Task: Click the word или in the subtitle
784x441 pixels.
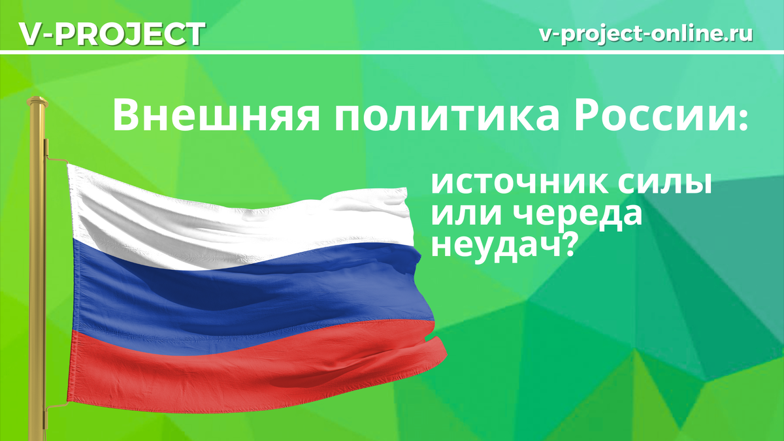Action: tap(458, 216)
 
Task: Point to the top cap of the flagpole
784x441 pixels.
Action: tap(37, 103)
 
